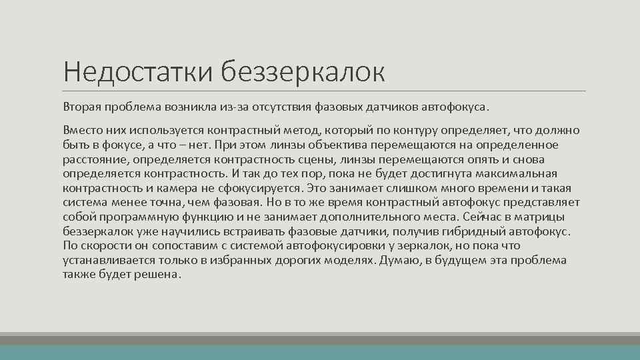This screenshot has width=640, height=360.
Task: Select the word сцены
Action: point(314,159)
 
